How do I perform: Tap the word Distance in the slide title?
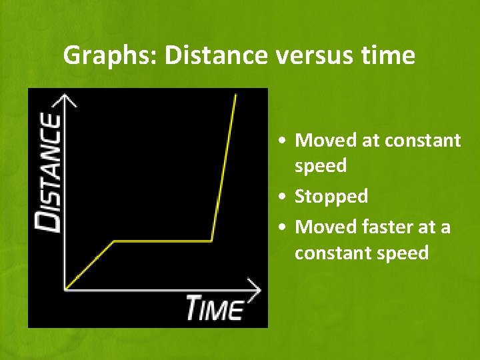(213, 55)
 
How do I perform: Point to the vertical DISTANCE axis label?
(49, 172)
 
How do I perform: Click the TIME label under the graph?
(215, 308)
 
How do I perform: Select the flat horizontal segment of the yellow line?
(163, 241)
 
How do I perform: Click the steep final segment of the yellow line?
(224, 167)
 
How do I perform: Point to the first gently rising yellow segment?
(90, 265)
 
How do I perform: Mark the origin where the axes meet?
(65, 289)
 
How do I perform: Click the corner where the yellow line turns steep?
(212, 241)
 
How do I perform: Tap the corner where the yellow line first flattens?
(115, 241)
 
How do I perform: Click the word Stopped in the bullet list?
(331, 197)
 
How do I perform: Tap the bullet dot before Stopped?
(285, 197)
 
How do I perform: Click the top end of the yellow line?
(236, 95)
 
